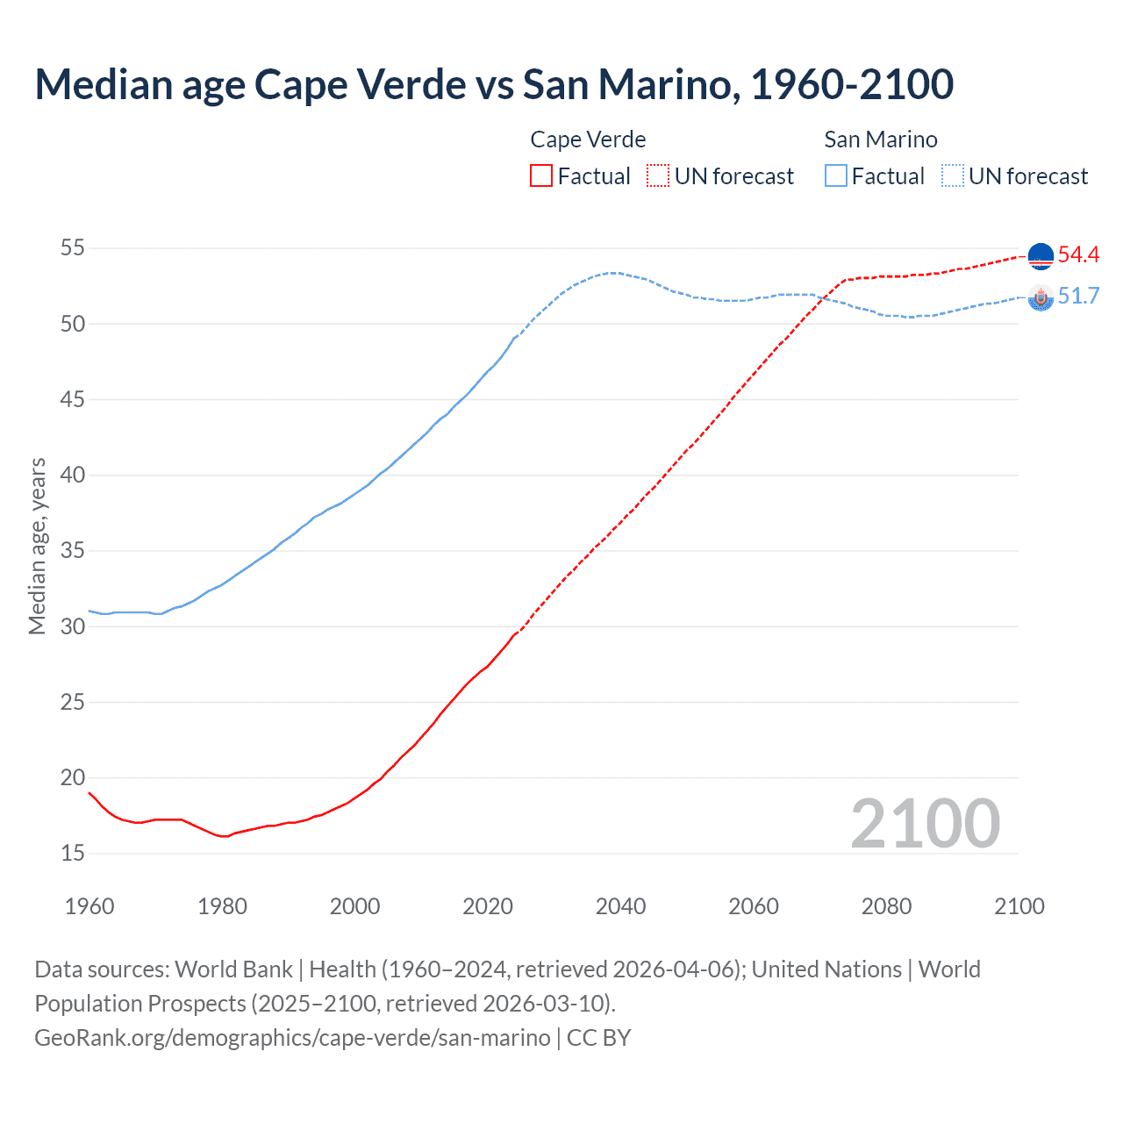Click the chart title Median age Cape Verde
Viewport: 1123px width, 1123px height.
click(x=493, y=84)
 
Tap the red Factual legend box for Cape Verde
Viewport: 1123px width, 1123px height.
click(x=541, y=175)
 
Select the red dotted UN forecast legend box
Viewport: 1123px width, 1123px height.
click(x=658, y=175)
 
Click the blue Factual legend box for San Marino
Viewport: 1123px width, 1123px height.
click(x=836, y=175)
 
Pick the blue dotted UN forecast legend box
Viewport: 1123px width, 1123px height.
click(x=952, y=175)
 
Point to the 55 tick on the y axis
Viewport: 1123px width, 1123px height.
click(x=73, y=248)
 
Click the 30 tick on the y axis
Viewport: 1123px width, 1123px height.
click(x=73, y=626)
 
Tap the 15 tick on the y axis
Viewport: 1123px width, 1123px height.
click(x=73, y=853)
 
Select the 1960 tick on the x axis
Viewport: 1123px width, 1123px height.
click(x=89, y=906)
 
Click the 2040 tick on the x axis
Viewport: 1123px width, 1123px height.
click(x=620, y=906)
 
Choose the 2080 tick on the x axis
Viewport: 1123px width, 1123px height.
click(x=886, y=906)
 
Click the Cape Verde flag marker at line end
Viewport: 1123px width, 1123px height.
click(x=1041, y=256)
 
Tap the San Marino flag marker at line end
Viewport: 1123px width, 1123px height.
click(x=1041, y=298)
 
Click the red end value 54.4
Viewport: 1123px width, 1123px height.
click(x=1078, y=255)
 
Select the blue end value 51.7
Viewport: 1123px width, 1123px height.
click(x=1078, y=297)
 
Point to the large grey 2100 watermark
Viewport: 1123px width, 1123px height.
click(x=925, y=823)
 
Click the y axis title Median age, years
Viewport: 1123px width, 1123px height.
click(x=37, y=546)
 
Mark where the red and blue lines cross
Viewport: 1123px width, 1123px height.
click(x=819, y=298)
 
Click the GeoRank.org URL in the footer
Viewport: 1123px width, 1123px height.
click(x=292, y=1037)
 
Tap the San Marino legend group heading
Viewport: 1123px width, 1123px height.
click(x=881, y=139)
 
